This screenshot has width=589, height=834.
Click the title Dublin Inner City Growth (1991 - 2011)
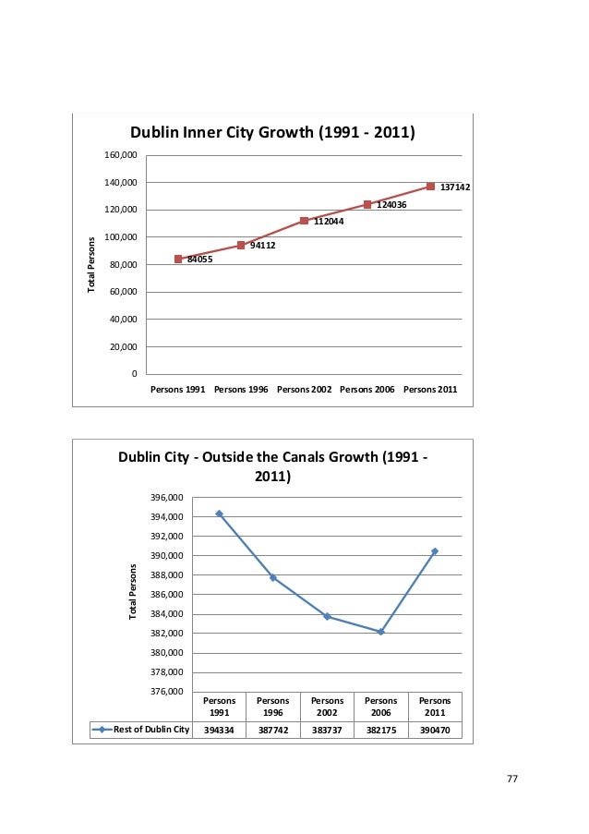pos(271,133)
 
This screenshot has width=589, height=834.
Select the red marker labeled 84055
pos(178,260)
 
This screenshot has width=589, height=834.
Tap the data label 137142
pos(455,187)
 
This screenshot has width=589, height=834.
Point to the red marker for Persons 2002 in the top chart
pos(304,221)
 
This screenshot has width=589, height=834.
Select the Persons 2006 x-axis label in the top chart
pos(367,390)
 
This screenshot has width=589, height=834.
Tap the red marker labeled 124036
pos(367,204)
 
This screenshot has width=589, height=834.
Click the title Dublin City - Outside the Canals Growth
pos(271,467)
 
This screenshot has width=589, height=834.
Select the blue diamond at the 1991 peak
pos(219,514)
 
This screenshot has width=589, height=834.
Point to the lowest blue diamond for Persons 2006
pos(380,632)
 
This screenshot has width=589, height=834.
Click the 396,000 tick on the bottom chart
pos(168,498)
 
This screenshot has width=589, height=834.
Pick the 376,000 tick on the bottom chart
pos(168,692)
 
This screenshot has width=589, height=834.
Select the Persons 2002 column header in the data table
pos(327,707)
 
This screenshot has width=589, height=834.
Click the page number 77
pos(512,780)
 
